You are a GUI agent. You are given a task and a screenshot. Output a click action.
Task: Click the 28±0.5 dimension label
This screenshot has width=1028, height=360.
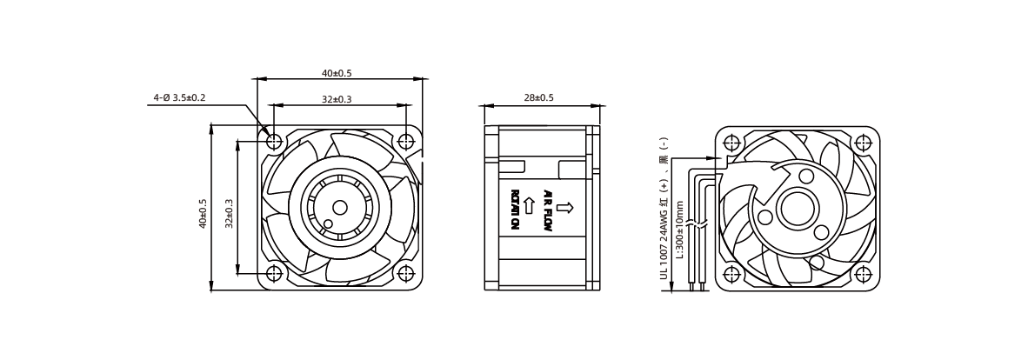tap(538, 97)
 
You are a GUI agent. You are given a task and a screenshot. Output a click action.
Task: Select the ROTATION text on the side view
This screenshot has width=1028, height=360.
tap(515, 210)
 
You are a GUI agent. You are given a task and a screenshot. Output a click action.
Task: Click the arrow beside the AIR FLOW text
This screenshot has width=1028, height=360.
tap(568, 208)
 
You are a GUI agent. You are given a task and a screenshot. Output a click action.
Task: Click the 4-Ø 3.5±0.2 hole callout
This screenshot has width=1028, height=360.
tap(180, 97)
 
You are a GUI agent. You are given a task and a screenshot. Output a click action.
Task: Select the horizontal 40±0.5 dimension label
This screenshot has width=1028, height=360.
tap(337, 73)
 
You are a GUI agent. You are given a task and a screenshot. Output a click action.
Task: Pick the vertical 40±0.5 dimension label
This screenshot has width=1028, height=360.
tap(204, 213)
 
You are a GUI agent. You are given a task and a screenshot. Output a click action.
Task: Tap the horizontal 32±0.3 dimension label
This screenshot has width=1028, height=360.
tap(337, 99)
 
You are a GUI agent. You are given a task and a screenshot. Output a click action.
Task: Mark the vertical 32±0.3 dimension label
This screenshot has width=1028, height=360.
tap(229, 213)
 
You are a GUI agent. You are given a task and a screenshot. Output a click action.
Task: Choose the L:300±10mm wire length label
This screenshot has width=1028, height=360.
tap(680, 230)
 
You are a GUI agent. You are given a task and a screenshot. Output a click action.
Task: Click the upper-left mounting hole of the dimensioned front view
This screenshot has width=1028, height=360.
tap(274, 141)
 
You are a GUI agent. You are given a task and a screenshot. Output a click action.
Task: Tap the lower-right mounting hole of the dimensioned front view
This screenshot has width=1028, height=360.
tap(405, 273)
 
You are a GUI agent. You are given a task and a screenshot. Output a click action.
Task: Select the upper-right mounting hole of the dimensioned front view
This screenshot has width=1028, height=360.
tap(405, 141)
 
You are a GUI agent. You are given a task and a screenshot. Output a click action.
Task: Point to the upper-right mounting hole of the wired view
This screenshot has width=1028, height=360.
tap(862, 143)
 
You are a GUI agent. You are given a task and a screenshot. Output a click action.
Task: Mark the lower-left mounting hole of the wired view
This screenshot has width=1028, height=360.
tap(731, 274)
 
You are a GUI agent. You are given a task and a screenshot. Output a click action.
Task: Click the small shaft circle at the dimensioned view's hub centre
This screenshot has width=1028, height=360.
tap(339, 207)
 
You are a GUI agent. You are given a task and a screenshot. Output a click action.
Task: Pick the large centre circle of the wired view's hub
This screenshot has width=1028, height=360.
tap(798, 210)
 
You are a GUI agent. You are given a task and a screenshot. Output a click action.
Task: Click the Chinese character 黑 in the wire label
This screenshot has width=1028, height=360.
tap(664, 159)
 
